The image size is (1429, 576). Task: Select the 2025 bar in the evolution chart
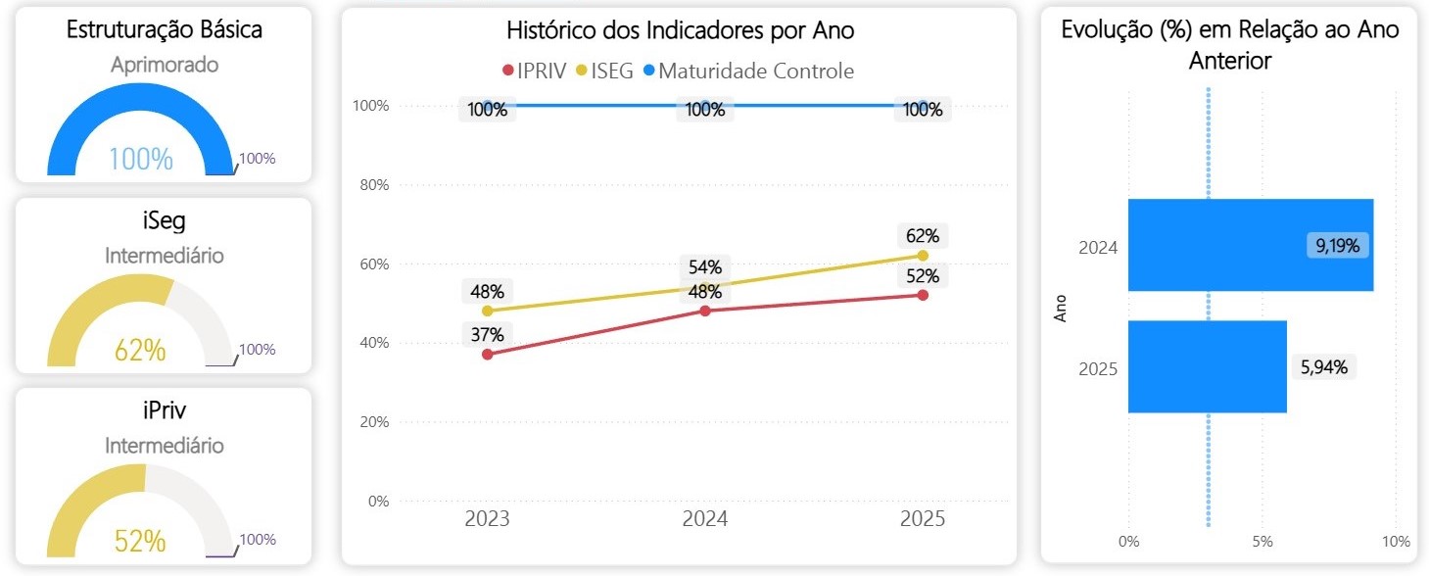pos(1207,366)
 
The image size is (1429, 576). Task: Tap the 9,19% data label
pos(1337,246)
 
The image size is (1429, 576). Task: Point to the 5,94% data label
pos(1324,367)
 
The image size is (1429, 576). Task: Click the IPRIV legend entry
pos(534,72)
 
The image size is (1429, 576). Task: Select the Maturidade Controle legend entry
pos(748,72)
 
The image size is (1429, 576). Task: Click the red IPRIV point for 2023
pos(488,354)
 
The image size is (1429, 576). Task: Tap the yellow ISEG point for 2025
pos(923,256)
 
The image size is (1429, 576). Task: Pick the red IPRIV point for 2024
pos(705,311)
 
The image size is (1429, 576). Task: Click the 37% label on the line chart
pos(487,334)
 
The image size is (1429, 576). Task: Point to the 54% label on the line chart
pos(705,267)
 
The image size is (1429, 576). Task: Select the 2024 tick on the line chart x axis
pos(705,519)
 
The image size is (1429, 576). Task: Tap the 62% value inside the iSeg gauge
pos(140,350)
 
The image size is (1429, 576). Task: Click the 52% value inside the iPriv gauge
pos(140,540)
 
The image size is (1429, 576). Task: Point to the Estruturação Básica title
pos(164,29)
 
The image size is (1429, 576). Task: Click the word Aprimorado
pos(164,65)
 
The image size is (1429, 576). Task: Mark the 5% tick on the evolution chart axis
pos(1262,541)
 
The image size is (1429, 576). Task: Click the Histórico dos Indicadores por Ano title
pos(680,30)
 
